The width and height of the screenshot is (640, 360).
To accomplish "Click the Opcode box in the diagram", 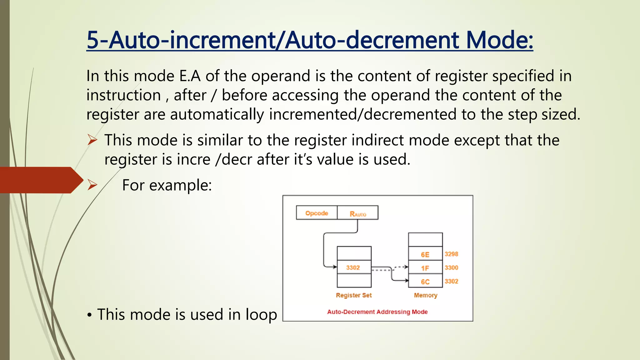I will pos(317,213).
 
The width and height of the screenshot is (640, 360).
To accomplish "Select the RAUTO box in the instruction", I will pos(358,213).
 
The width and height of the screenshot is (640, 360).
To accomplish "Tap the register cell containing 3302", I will pos(354,267).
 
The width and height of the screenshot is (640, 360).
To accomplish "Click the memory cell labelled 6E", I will pos(425,254).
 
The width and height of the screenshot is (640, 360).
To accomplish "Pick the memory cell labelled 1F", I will pos(425,268).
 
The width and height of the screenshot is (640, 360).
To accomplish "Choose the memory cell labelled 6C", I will pos(425,282).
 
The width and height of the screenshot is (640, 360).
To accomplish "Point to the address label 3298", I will pos(451,254).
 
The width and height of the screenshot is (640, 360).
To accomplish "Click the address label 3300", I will pos(451,267).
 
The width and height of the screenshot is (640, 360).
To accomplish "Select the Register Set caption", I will pos(354,295).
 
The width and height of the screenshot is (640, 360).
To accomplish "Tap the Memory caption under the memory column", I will pos(425,295).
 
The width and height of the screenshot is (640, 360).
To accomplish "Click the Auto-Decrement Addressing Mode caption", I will pos(377,312).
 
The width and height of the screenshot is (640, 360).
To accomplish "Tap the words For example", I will pos(167,185).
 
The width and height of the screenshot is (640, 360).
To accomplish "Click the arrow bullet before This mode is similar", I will pos(92,140).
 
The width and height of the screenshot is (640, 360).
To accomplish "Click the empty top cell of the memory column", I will pos(425,240).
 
